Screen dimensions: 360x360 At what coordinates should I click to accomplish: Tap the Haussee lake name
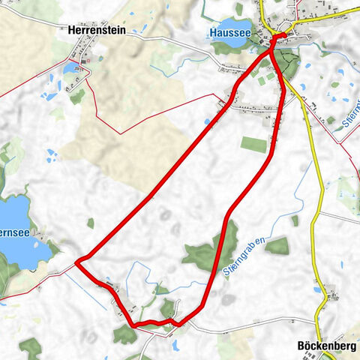(229, 33)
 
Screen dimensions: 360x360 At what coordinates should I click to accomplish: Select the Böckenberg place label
(325, 346)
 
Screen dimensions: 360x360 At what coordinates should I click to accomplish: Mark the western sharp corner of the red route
(77, 261)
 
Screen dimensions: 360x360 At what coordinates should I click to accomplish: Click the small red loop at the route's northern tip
(278, 38)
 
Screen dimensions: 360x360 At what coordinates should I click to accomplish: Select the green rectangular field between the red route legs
(254, 144)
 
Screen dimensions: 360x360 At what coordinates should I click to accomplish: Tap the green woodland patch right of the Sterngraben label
(277, 245)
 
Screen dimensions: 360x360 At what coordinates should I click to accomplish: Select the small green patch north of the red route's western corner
(91, 223)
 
